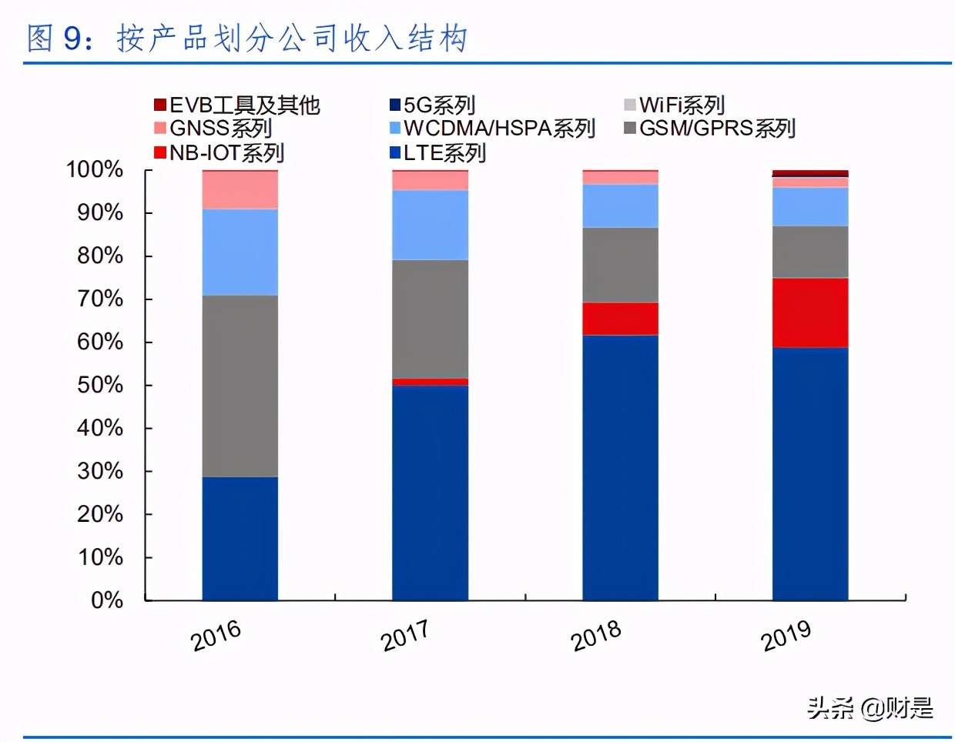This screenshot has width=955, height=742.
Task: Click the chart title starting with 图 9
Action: point(246,38)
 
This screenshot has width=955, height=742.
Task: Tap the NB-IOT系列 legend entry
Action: point(219,152)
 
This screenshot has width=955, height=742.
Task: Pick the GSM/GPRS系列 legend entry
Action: point(709,129)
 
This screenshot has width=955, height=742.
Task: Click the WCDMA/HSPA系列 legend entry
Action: point(492,129)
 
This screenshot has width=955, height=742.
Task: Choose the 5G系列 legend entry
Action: point(432,105)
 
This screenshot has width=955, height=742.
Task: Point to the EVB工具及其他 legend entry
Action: point(236,105)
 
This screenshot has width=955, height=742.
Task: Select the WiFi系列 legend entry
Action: point(674,105)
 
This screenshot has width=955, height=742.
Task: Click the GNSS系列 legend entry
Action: point(213,129)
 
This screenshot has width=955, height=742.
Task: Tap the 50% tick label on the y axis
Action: point(99,385)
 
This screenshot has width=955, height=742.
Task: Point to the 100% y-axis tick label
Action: point(95,169)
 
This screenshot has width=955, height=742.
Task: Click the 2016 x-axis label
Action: point(216,636)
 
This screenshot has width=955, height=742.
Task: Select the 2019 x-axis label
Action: point(786,636)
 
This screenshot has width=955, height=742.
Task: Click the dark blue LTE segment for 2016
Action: point(240,538)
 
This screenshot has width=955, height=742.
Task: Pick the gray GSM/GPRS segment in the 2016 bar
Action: point(240,386)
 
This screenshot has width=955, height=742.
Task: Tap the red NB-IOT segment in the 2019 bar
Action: point(810,313)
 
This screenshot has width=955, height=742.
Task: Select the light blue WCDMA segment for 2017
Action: point(430,225)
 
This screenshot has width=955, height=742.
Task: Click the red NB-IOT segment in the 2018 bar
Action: point(620,319)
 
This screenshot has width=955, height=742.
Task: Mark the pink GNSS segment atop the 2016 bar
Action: point(240,189)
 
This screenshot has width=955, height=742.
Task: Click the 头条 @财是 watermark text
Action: point(870,707)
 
